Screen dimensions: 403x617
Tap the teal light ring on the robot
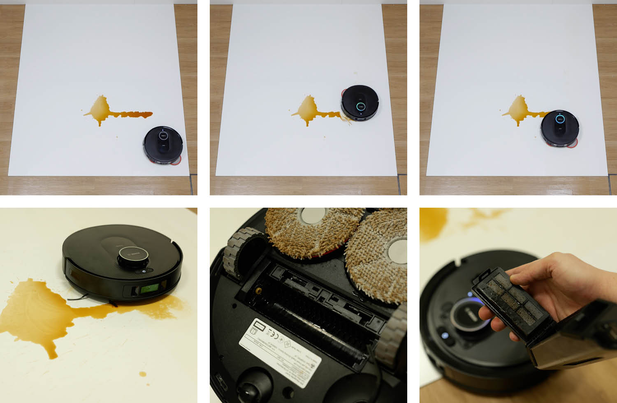360,106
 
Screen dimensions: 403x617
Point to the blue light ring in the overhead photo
560,119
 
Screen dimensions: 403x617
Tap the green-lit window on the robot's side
150,290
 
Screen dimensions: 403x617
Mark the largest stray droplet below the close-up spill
142,374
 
